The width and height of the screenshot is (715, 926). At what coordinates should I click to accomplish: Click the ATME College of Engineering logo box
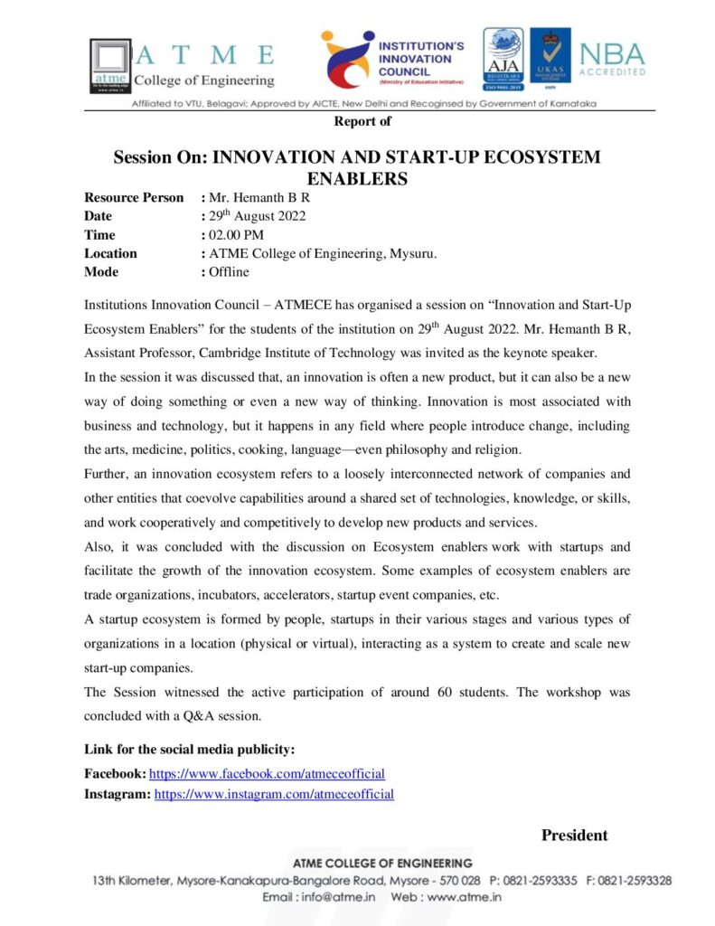(x=110, y=65)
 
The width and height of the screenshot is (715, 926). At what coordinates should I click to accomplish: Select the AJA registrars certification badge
(x=503, y=59)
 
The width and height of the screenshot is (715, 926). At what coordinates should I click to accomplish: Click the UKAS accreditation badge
(x=550, y=59)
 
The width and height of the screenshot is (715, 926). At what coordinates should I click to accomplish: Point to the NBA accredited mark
(x=612, y=60)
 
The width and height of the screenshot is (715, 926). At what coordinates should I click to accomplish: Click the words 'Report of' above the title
(x=362, y=121)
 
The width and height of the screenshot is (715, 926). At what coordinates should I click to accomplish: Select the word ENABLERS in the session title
(x=357, y=179)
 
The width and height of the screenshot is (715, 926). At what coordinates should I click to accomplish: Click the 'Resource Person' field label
(x=134, y=197)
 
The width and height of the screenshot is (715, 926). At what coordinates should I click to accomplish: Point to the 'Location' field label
(x=110, y=253)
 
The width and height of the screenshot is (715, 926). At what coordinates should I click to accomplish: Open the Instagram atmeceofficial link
(x=274, y=794)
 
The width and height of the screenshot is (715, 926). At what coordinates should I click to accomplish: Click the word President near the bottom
(x=574, y=835)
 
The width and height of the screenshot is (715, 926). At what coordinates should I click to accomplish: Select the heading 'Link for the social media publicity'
(x=189, y=750)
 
